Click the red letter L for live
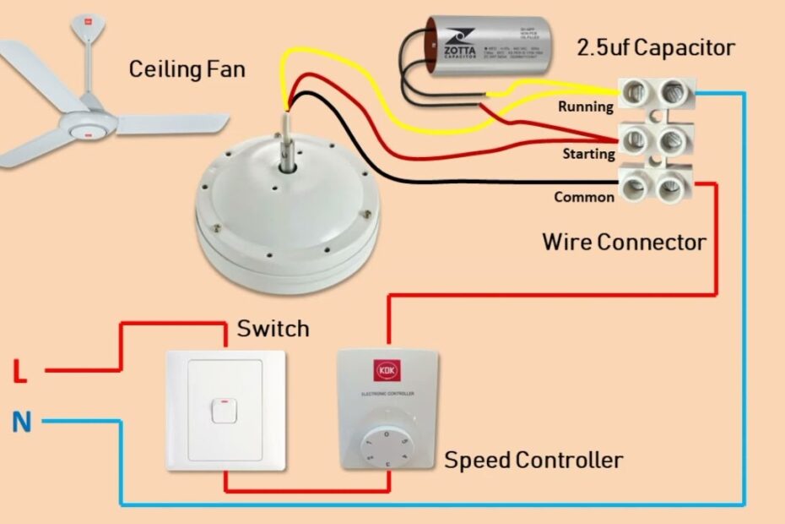tap(20, 372)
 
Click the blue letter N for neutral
tap(22, 421)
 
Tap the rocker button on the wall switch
tap(223, 410)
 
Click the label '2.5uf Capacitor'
tap(655, 47)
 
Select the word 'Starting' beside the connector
tap(588, 154)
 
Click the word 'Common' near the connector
tap(584, 198)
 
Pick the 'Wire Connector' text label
tap(624, 243)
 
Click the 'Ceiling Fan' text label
tap(187, 68)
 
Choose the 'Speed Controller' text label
tap(533, 461)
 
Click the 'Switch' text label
tap(273, 328)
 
